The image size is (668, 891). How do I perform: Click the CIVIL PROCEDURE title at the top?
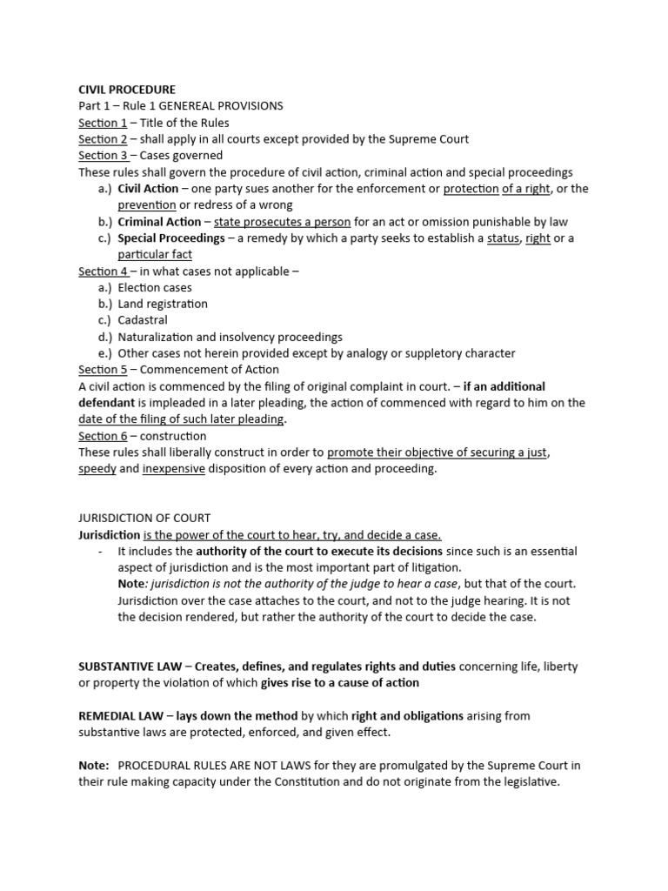pyautogui.click(x=127, y=90)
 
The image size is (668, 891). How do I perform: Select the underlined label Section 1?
pyautogui.click(x=103, y=123)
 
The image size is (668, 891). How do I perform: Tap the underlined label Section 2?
pyautogui.click(x=103, y=139)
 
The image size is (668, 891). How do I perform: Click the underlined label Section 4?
pyautogui.click(x=103, y=271)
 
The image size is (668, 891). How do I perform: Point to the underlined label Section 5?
pyautogui.click(x=103, y=370)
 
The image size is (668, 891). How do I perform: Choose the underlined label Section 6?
pyautogui.click(x=103, y=436)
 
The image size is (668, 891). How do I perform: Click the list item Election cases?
pyautogui.click(x=155, y=288)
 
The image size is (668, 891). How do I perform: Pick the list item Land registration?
pyautogui.click(x=163, y=305)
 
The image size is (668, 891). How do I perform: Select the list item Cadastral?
pyautogui.click(x=143, y=320)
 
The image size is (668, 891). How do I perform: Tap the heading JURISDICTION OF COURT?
pyautogui.click(x=144, y=519)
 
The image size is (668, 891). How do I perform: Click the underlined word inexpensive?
pyautogui.click(x=174, y=469)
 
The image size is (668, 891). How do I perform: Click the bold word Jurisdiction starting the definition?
pyautogui.click(x=109, y=535)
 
